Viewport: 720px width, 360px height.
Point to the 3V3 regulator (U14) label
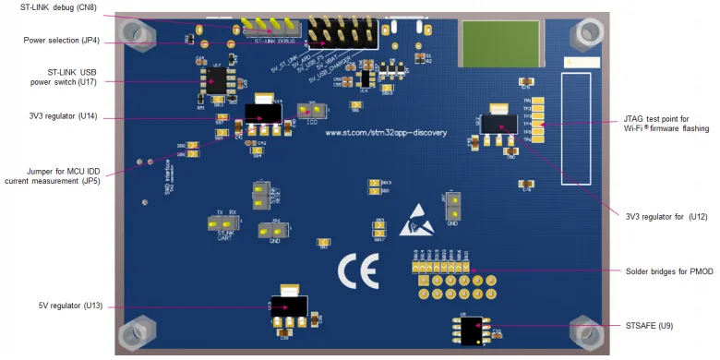(x=64, y=116)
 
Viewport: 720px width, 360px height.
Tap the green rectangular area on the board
(x=497, y=42)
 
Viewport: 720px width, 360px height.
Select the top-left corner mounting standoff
(x=135, y=33)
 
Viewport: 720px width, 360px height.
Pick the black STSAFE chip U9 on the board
(x=474, y=329)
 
